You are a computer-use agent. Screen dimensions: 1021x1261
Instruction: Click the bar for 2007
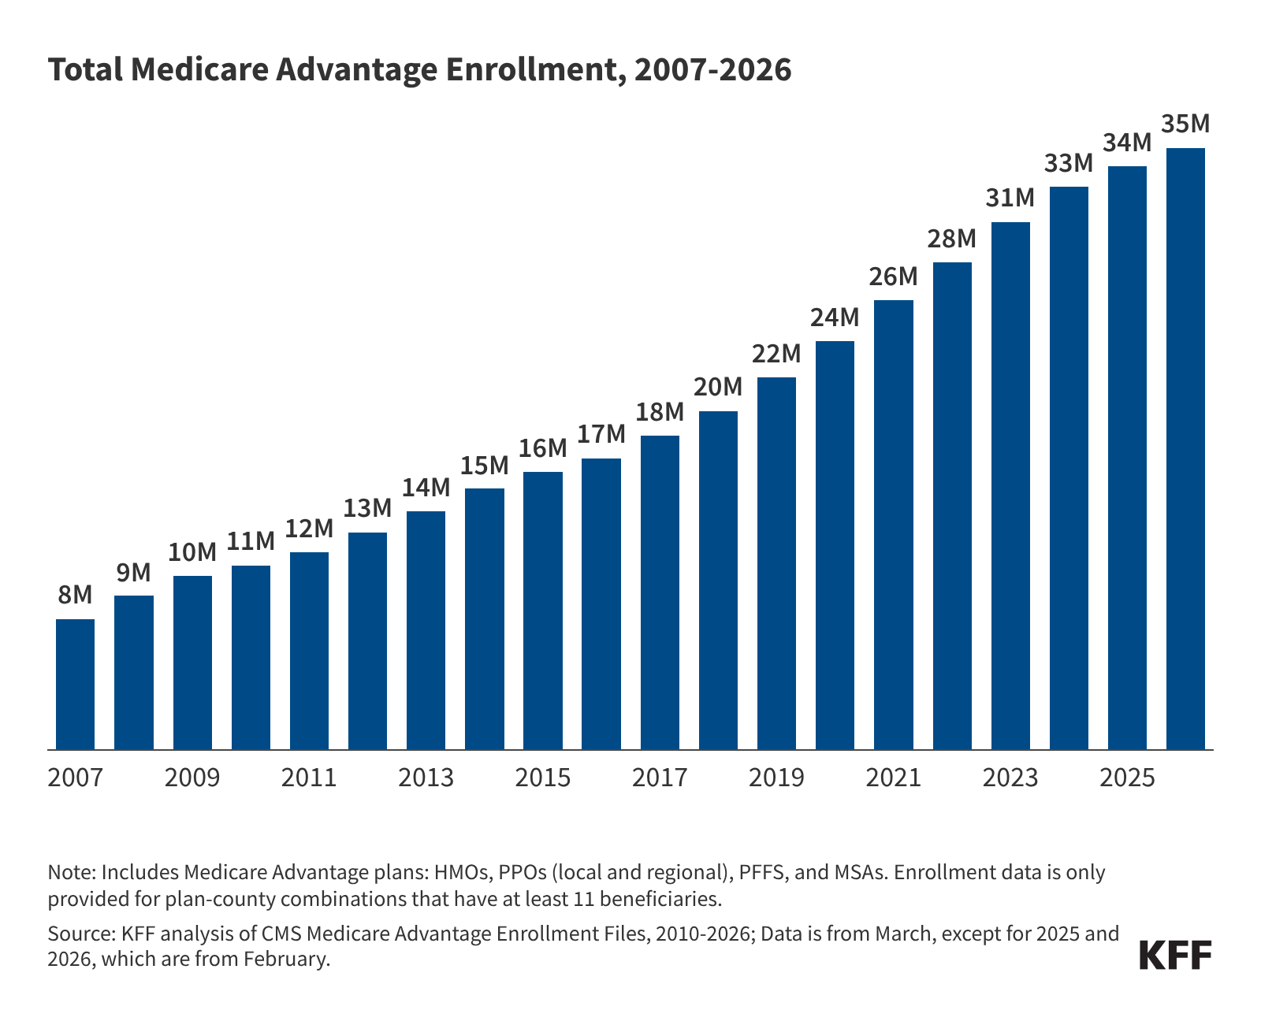click(x=76, y=684)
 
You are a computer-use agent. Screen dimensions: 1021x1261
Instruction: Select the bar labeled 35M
click(x=1185, y=449)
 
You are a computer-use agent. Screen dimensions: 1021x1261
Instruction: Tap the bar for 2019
click(x=776, y=563)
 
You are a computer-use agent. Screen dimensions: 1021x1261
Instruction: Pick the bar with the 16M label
click(x=543, y=611)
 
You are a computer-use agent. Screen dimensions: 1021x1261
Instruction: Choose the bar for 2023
click(x=1010, y=486)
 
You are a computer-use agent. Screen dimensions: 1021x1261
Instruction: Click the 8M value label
click(x=76, y=596)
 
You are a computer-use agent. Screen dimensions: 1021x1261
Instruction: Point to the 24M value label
click(x=835, y=317)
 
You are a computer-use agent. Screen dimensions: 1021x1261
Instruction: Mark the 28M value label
click(x=951, y=239)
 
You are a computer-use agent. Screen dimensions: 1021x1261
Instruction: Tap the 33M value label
click(x=1069, y=164)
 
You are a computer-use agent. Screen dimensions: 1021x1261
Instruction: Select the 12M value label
click(x=309, y=529)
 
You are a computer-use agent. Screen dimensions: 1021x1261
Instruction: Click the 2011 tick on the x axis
click(x=309, y=778)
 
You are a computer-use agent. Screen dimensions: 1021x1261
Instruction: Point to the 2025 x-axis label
click(x=1127, y=778)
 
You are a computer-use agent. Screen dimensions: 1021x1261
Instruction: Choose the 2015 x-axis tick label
click(x=543, y=778)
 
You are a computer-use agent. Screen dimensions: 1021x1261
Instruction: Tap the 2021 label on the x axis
click(x=893, y=778)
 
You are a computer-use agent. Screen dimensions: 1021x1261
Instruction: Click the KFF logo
click(x=1175, y=955)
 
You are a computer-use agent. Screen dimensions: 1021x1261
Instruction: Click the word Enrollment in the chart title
click(x=533, y=70)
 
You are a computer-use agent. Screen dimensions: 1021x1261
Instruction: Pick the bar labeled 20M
click(x=718, y=581)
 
